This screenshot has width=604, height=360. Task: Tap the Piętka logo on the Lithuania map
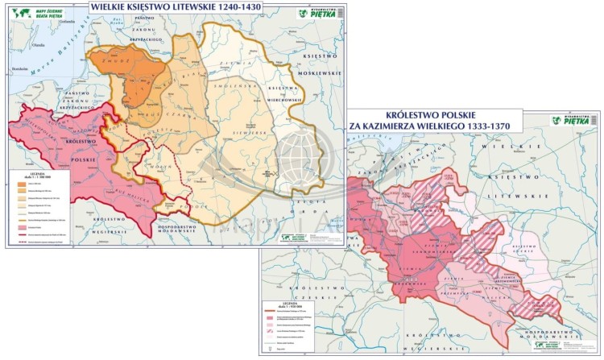(316, 13)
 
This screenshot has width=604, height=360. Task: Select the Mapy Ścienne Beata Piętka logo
(33, 13)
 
